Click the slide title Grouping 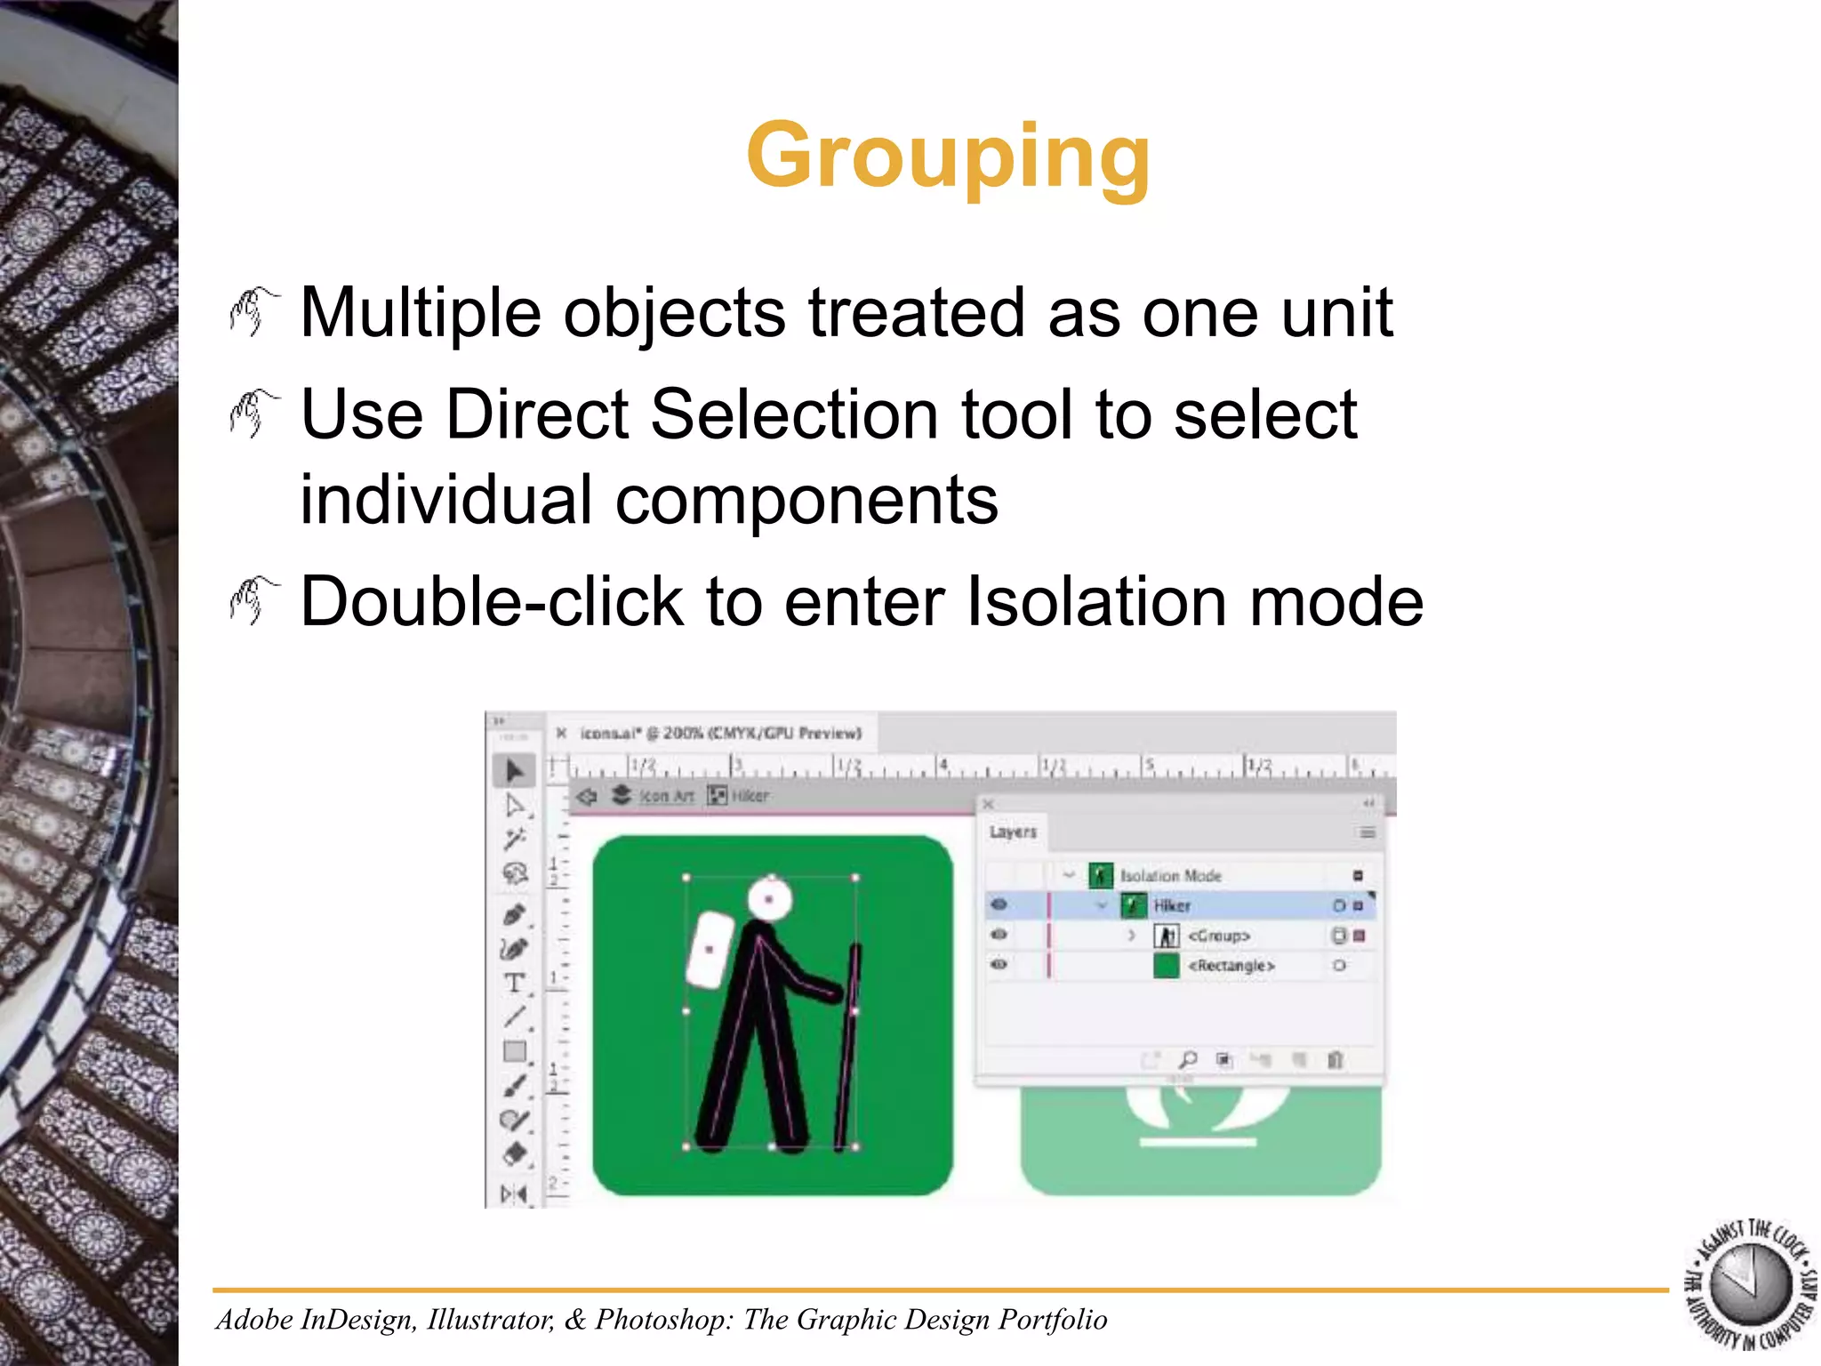tap(948, 157)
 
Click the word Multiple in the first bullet tap(420, 313)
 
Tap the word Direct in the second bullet tap(537, 414)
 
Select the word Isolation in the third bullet tap(1095, 602)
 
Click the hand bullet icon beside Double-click tap(253, 600)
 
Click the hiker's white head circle tap(769, 899)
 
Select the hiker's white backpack tap(710, 950)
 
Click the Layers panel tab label tap(1013, 832)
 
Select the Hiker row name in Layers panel tap(1172, 906)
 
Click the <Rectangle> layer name tap(1231, 966)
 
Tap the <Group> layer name tap(1219, 936)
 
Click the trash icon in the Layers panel tap(1335, 1059)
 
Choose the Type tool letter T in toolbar tap(513, 983)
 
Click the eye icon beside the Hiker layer tap(999, 905)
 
